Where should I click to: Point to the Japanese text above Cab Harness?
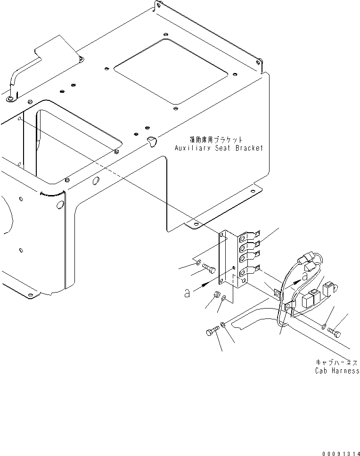[x=336, y=363]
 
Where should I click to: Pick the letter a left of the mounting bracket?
[x=188, y=293]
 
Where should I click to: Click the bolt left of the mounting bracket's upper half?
[x=210, y=269]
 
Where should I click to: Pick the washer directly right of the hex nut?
[x=223, y=298]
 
